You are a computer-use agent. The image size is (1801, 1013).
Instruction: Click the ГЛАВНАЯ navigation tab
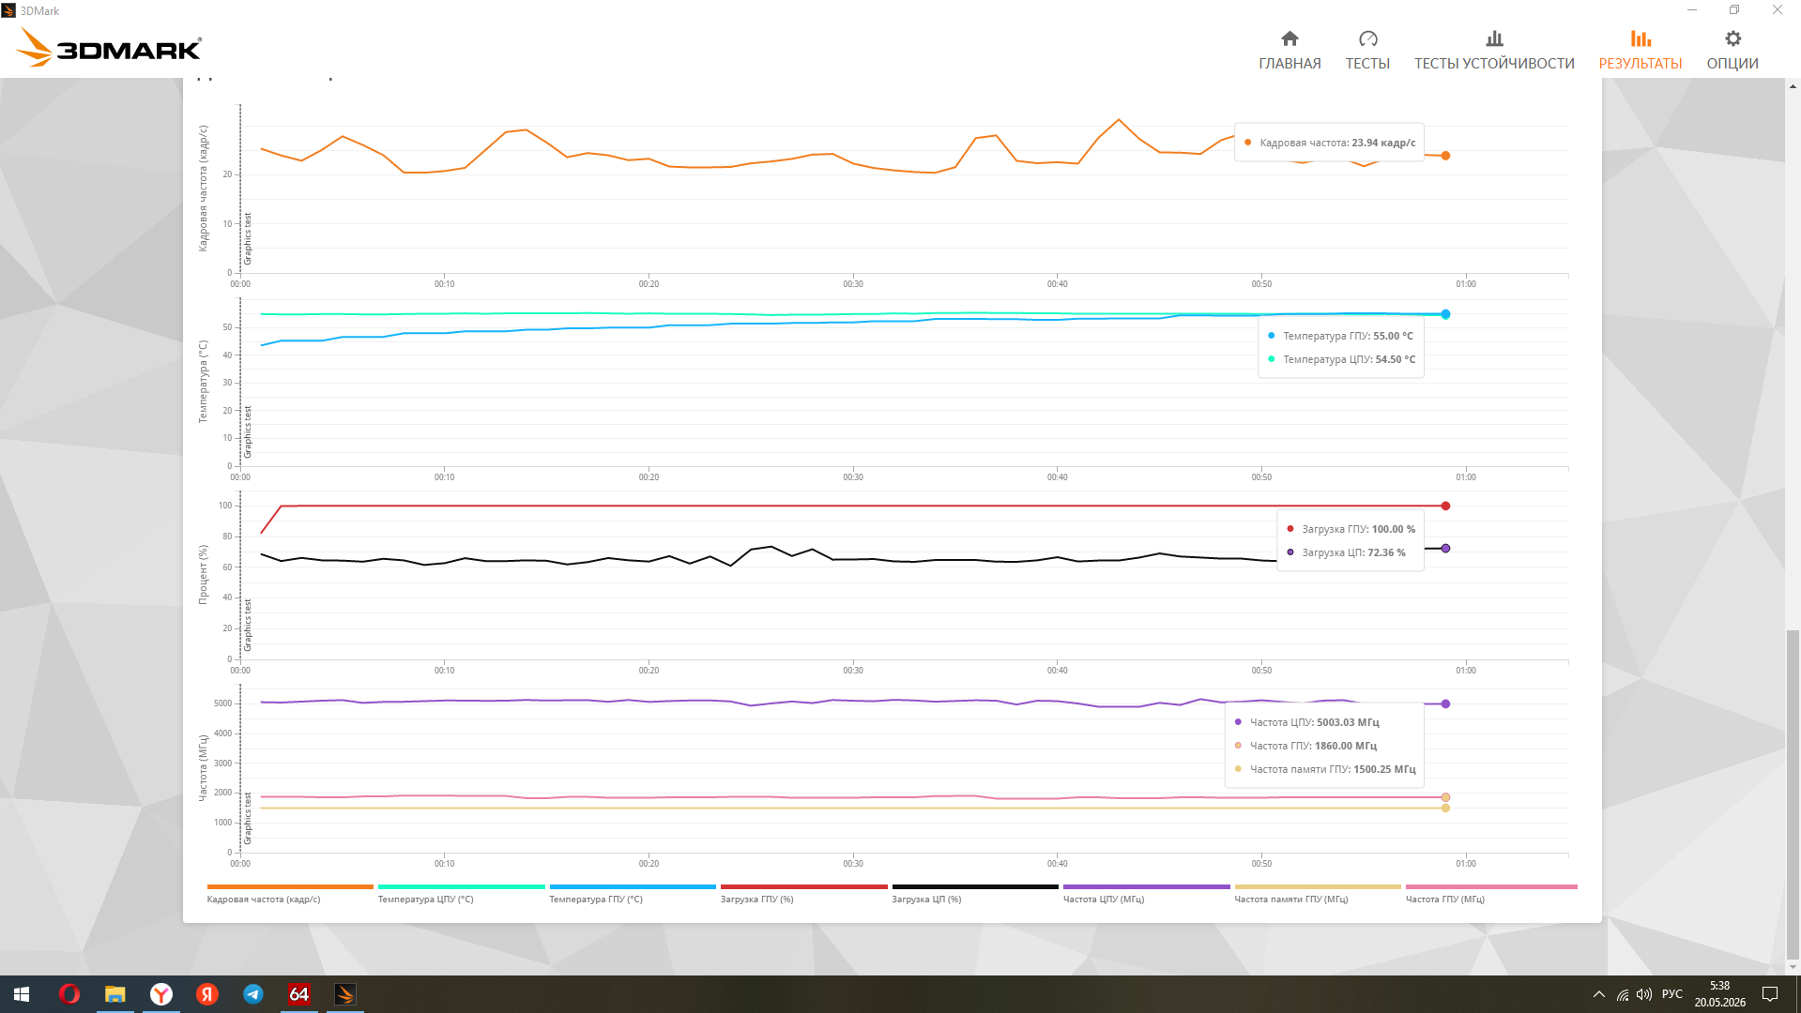[1290, 51]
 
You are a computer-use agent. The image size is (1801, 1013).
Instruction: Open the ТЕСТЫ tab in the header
[1367, 51]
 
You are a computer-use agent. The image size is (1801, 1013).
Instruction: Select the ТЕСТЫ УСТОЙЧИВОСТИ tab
[1494, 51]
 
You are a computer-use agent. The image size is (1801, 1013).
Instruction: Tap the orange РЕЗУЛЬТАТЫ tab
[1641, 51]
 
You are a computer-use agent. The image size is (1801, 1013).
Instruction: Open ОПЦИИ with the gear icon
[1732, 51]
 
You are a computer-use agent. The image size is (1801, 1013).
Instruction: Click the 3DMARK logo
[110, 47]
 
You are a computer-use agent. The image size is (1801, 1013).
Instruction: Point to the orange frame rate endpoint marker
[1445, 156]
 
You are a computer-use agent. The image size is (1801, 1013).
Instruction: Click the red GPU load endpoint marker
[1445, 506]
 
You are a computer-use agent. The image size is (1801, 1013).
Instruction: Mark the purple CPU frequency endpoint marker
[1445, 703]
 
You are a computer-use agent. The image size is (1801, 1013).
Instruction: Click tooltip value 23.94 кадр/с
[1383, 143]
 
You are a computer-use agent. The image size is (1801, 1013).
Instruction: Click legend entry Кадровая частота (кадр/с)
[264, 900]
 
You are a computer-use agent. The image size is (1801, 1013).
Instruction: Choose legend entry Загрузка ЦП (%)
[926, 900]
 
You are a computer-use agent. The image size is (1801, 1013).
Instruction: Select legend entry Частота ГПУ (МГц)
[1445, 900]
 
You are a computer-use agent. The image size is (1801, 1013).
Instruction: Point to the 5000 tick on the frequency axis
[222, 703]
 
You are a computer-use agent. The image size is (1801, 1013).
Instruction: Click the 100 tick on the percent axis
[225, 506]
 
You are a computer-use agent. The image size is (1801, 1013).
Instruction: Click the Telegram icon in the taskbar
[253, 994]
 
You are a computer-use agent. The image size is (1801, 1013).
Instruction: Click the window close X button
[1778, 10]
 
